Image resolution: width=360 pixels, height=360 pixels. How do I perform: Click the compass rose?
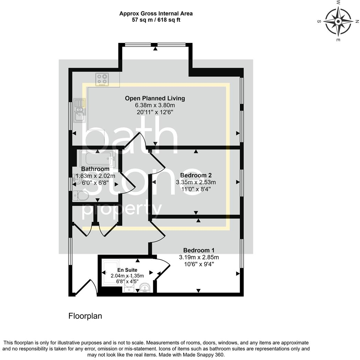click(338, 22)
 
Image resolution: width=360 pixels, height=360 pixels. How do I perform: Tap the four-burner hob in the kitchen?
click(102, 79)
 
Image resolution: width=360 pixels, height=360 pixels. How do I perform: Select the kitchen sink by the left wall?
click(80, 110)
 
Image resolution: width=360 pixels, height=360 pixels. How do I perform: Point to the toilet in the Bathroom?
click(81, 196)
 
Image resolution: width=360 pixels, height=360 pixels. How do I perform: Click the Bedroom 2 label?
click(196, 175)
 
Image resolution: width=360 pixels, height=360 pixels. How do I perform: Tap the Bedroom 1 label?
click(199, 250)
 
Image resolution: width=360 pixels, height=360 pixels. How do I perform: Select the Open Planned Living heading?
click(155, 98)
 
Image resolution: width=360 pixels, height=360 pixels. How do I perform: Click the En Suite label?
click(127, 270)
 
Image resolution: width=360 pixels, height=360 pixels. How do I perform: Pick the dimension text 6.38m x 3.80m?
click(155, 105)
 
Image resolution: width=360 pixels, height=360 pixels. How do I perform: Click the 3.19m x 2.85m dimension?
click(199, 257)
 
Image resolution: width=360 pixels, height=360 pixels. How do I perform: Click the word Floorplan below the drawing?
click(85, 316)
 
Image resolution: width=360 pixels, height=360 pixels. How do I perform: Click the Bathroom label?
click(95, 169)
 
